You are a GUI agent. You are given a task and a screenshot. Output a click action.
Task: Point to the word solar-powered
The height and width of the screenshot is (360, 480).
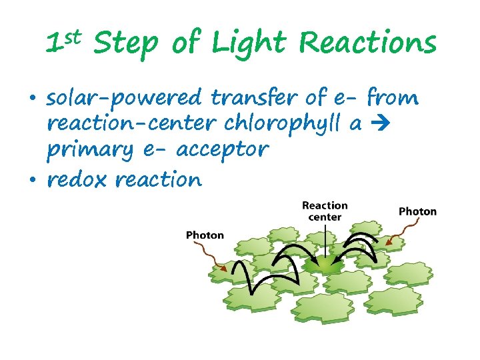(123, 99)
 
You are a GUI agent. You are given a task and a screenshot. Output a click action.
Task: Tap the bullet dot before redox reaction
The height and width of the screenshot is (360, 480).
(32, 180)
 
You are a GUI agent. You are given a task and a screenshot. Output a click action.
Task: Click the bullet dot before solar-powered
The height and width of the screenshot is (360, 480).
(32, 99)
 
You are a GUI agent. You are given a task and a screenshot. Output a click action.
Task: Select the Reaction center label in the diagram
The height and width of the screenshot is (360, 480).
(325, 211)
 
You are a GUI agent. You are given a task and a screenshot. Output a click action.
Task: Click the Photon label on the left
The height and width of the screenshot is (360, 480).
(205, 235)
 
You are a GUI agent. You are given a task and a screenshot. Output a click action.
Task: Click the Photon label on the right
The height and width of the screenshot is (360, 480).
(417, 211)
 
